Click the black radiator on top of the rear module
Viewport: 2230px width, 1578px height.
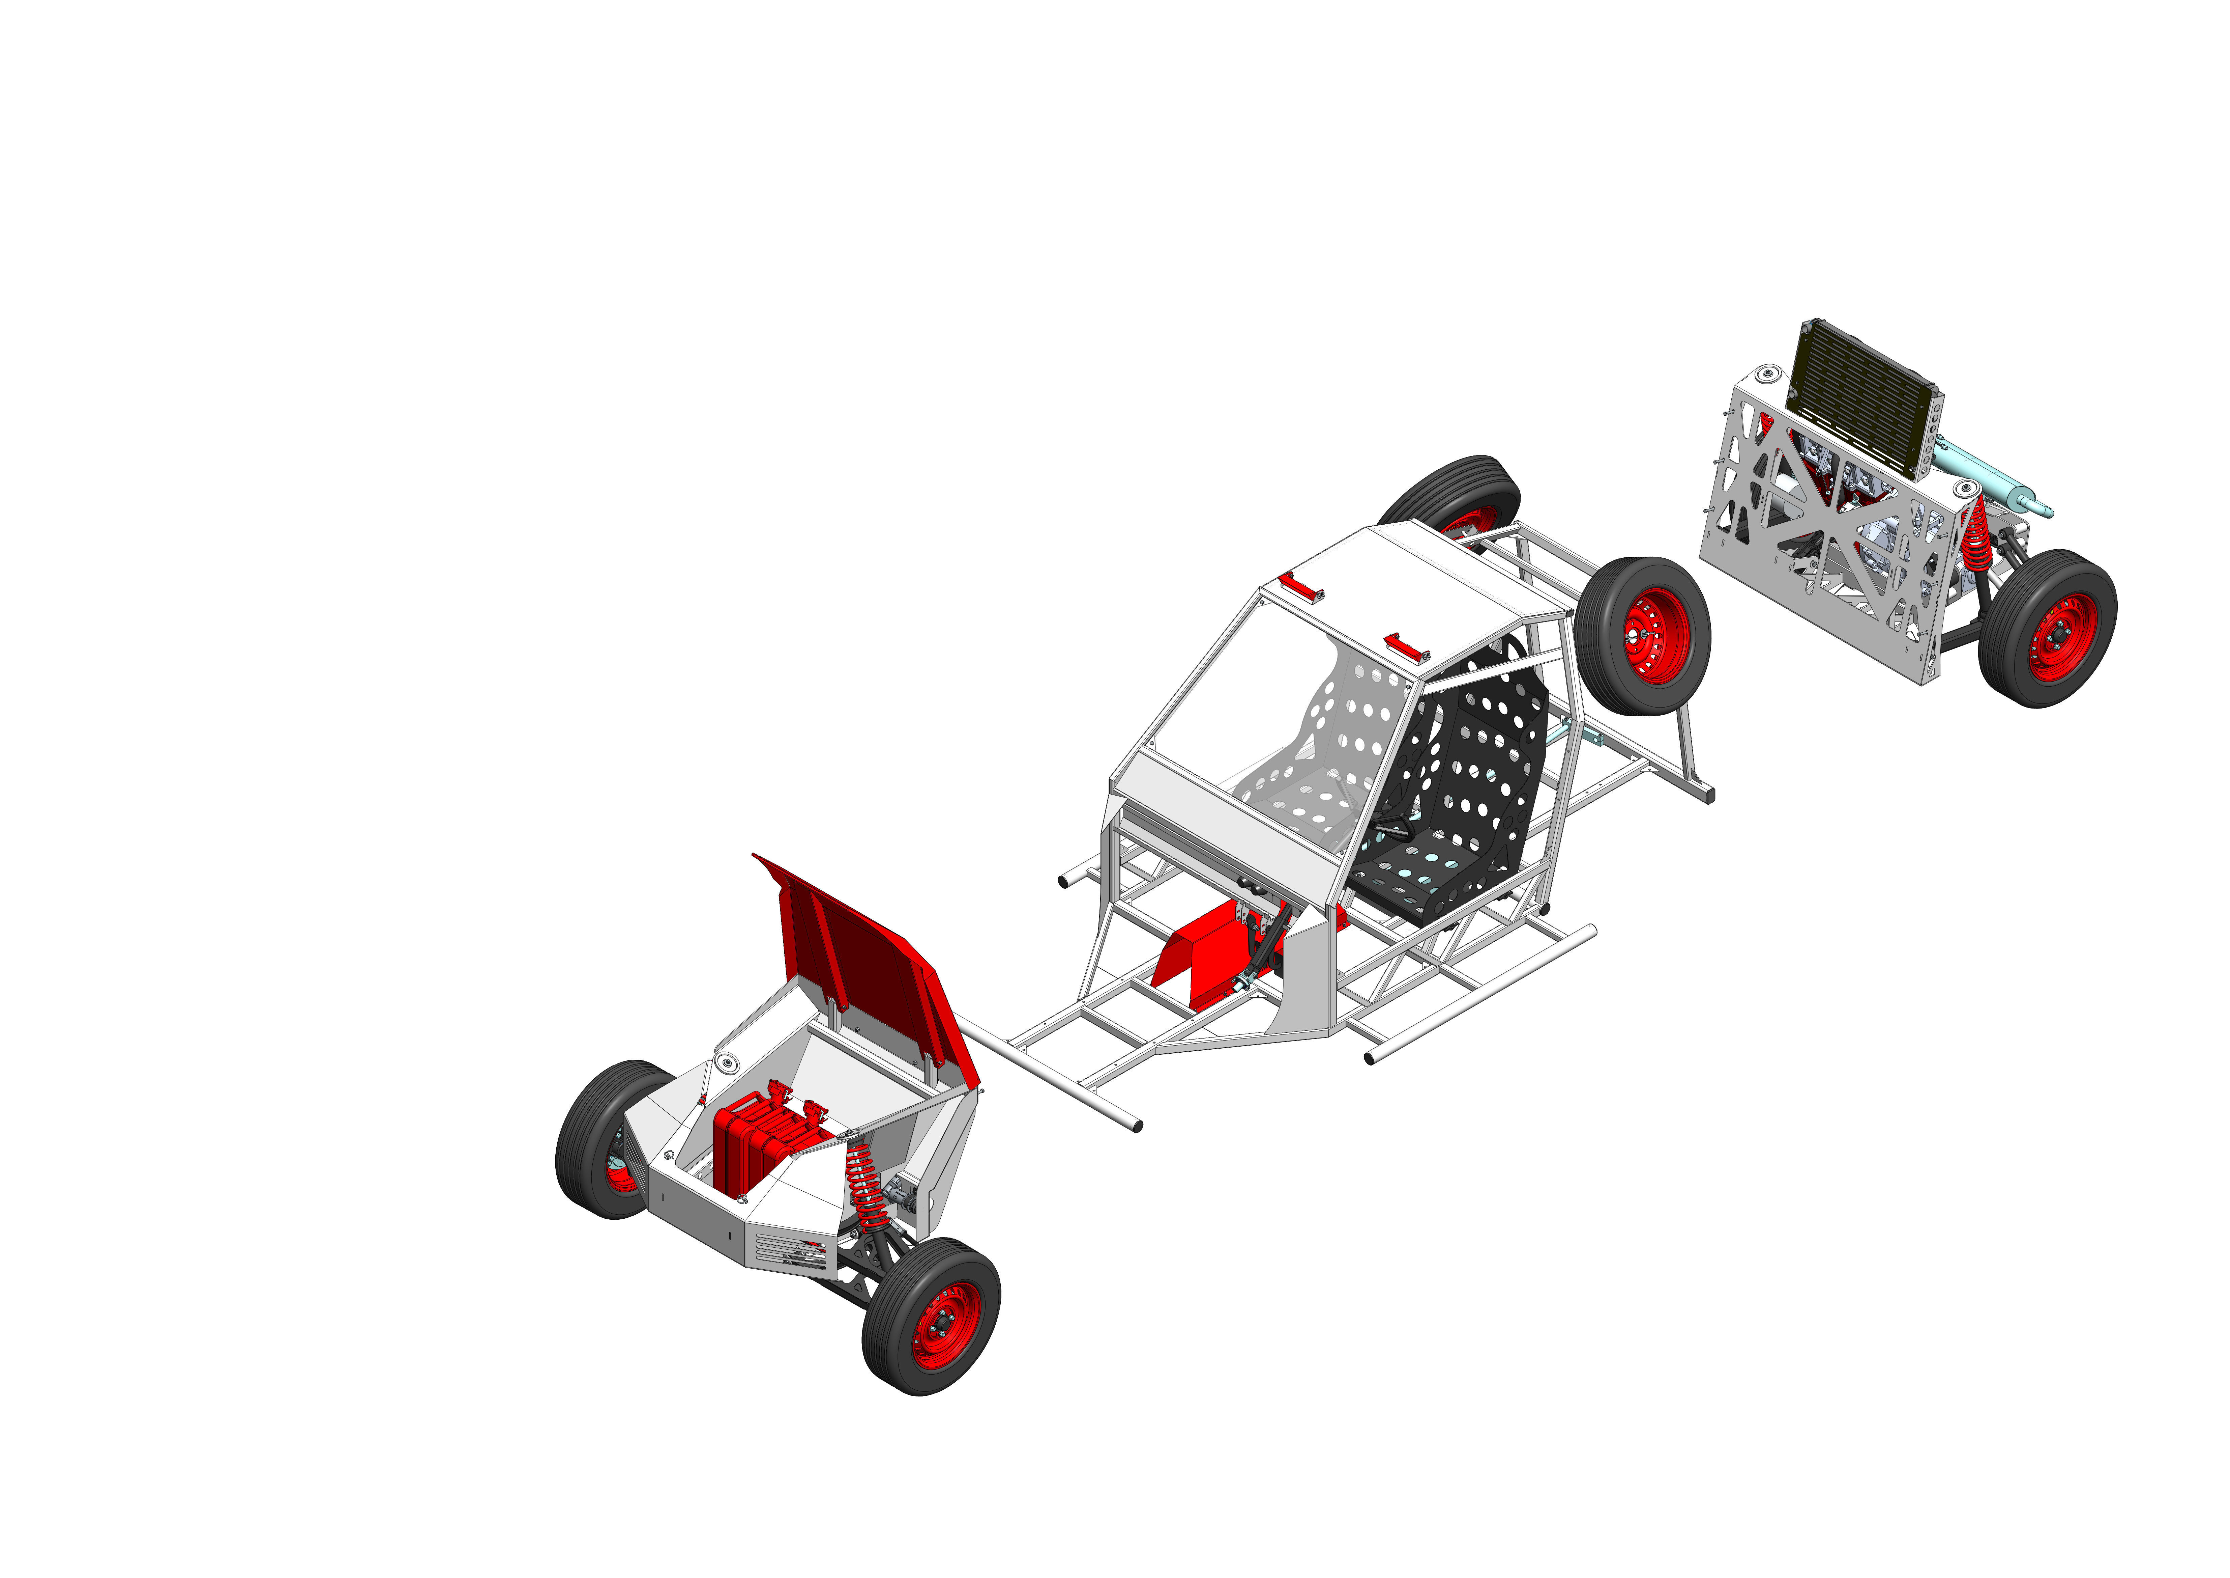tap(1863, 398)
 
